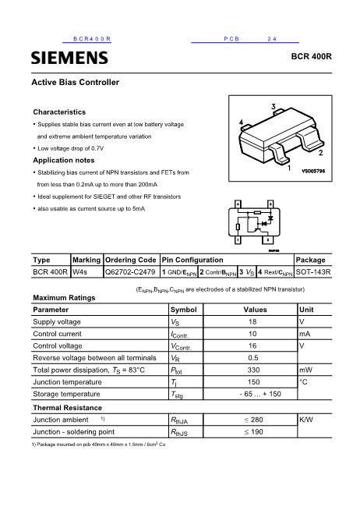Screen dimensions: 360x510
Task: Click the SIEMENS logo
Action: (x=69, y=58)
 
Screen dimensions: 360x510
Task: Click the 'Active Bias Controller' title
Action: (x=75, y=82)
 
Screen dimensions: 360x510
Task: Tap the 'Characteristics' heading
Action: (x=59, y=112)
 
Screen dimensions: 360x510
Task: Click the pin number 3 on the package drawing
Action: (x=274, y=106)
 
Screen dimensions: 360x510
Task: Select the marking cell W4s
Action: (x=80, y=272)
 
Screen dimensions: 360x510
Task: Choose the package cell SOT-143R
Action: (x=314, y=272)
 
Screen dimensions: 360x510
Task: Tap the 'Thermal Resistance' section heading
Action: (x=67, y=408)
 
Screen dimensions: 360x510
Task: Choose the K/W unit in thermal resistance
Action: (x=307, y=420)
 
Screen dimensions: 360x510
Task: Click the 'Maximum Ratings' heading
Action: (x=64, y=298)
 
